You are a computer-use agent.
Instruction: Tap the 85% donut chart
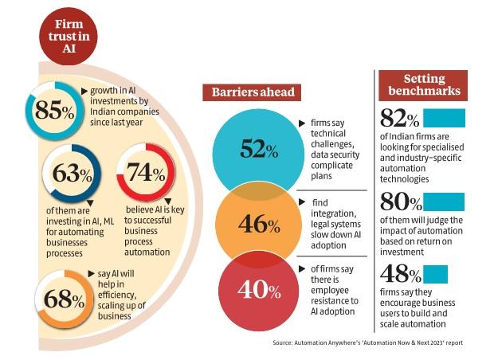pyautogui.click(x=53, y=112)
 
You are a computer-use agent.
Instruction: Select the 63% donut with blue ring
pyautogui.click(x=70, y=173)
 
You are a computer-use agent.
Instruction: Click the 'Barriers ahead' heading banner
pyautogui.click(x=253, y=92)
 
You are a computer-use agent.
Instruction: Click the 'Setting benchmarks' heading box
pyautogui.click(x=431, y=82)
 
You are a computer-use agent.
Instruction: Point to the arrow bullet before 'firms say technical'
pyautogui.click(x=301, y=124)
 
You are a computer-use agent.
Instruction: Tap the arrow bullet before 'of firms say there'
pyautogui.click(x=301, y=269)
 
